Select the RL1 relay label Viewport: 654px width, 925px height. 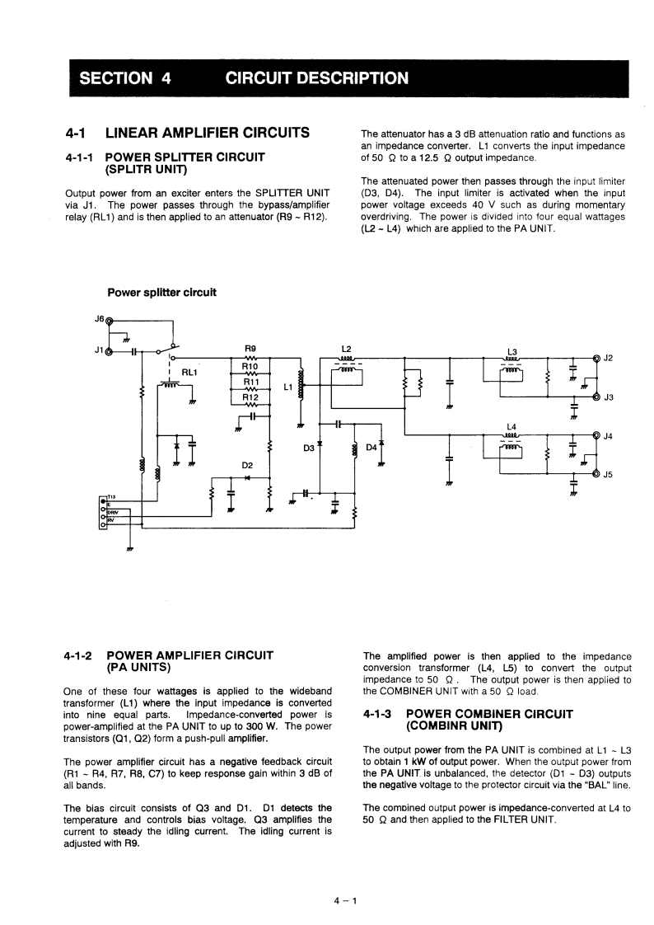pyautogui.click(x=189, y=372)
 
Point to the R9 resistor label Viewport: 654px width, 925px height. pyautogui.click(x=250, y=348)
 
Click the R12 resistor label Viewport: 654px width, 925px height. pyautogui.click(x=250, y=397)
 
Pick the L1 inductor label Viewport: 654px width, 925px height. pyautogui.click(x=287, y=386)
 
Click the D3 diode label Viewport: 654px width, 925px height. pyautogui.click(x=309, y=448)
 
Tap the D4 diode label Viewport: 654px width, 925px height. pyautogui.click(x=371, y=448)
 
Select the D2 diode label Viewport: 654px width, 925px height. pyautogui.click(x=247, y=466)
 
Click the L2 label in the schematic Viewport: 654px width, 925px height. pyautogui.click(x=346, y=348)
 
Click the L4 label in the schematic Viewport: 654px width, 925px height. pyautogui.click(x=512, y=426)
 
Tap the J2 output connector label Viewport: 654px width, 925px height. pyautogui.click(x=610, y=358)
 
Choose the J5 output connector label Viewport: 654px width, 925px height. pyautogui.click(x=610, y=475)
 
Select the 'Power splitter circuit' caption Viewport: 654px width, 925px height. pyautogui.click(x=161, y=292)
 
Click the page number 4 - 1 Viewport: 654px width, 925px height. pyautogui.click(x=344, y=900)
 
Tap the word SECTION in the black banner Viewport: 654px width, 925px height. pyautogui.click(x=114, y=78)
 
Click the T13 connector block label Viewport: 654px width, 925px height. pyautogui.click(x=110, y=496)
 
